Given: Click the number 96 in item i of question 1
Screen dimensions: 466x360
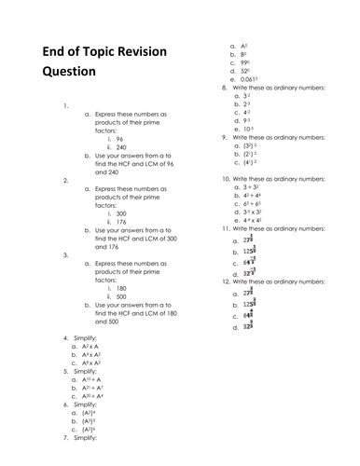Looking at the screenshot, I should pyautogui.click(x=119, y=138).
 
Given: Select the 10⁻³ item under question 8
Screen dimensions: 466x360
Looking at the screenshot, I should pyautogui.click(x=246, y=129).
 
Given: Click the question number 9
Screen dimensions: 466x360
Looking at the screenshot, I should pyautogui.click(x=225, y=137).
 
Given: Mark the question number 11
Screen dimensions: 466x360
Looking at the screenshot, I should pyautogui.click(x=226, y=228).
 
